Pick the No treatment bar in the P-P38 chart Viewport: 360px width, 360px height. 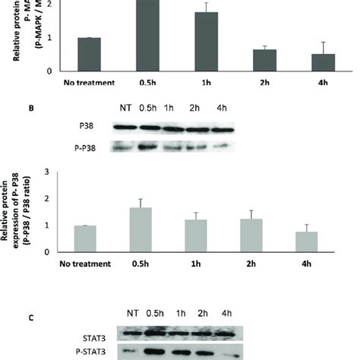[89, 238]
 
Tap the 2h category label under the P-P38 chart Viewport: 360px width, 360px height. [238, 263]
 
